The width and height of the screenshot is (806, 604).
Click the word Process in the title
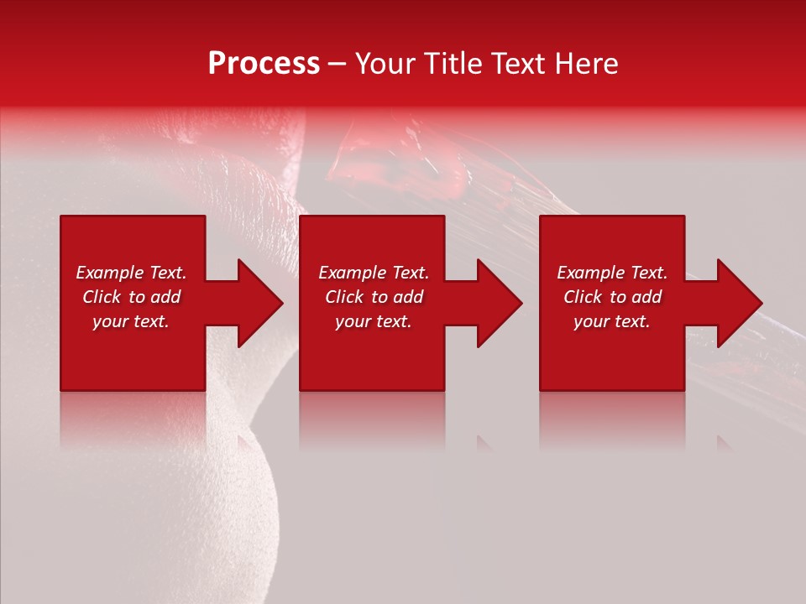[264, 64]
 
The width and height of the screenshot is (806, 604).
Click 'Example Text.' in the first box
[131, 273]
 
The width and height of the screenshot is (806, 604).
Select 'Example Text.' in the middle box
[374, 273]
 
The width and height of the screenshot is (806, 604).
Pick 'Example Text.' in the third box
[612, 273]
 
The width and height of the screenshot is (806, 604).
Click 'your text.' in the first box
[131, 321]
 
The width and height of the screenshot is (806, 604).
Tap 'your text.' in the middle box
[374, 321]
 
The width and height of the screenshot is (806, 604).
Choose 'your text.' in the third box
[612, 321]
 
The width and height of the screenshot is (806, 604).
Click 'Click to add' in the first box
[131, 297]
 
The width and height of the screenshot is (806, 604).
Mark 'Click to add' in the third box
[612, 297]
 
